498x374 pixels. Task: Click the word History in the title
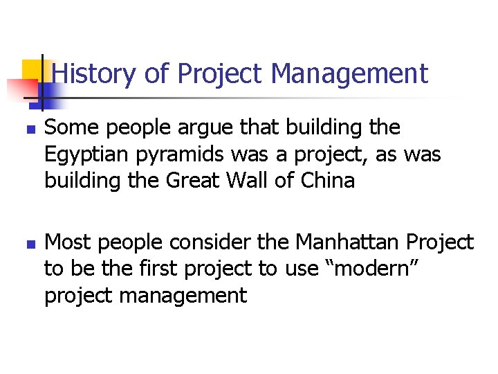coord(94,73)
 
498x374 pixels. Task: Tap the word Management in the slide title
coord(349,73)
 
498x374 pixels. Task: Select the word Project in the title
coord(221,73)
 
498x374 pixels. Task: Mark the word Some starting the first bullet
coord(68,128)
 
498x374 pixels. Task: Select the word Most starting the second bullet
coord(67,242)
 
